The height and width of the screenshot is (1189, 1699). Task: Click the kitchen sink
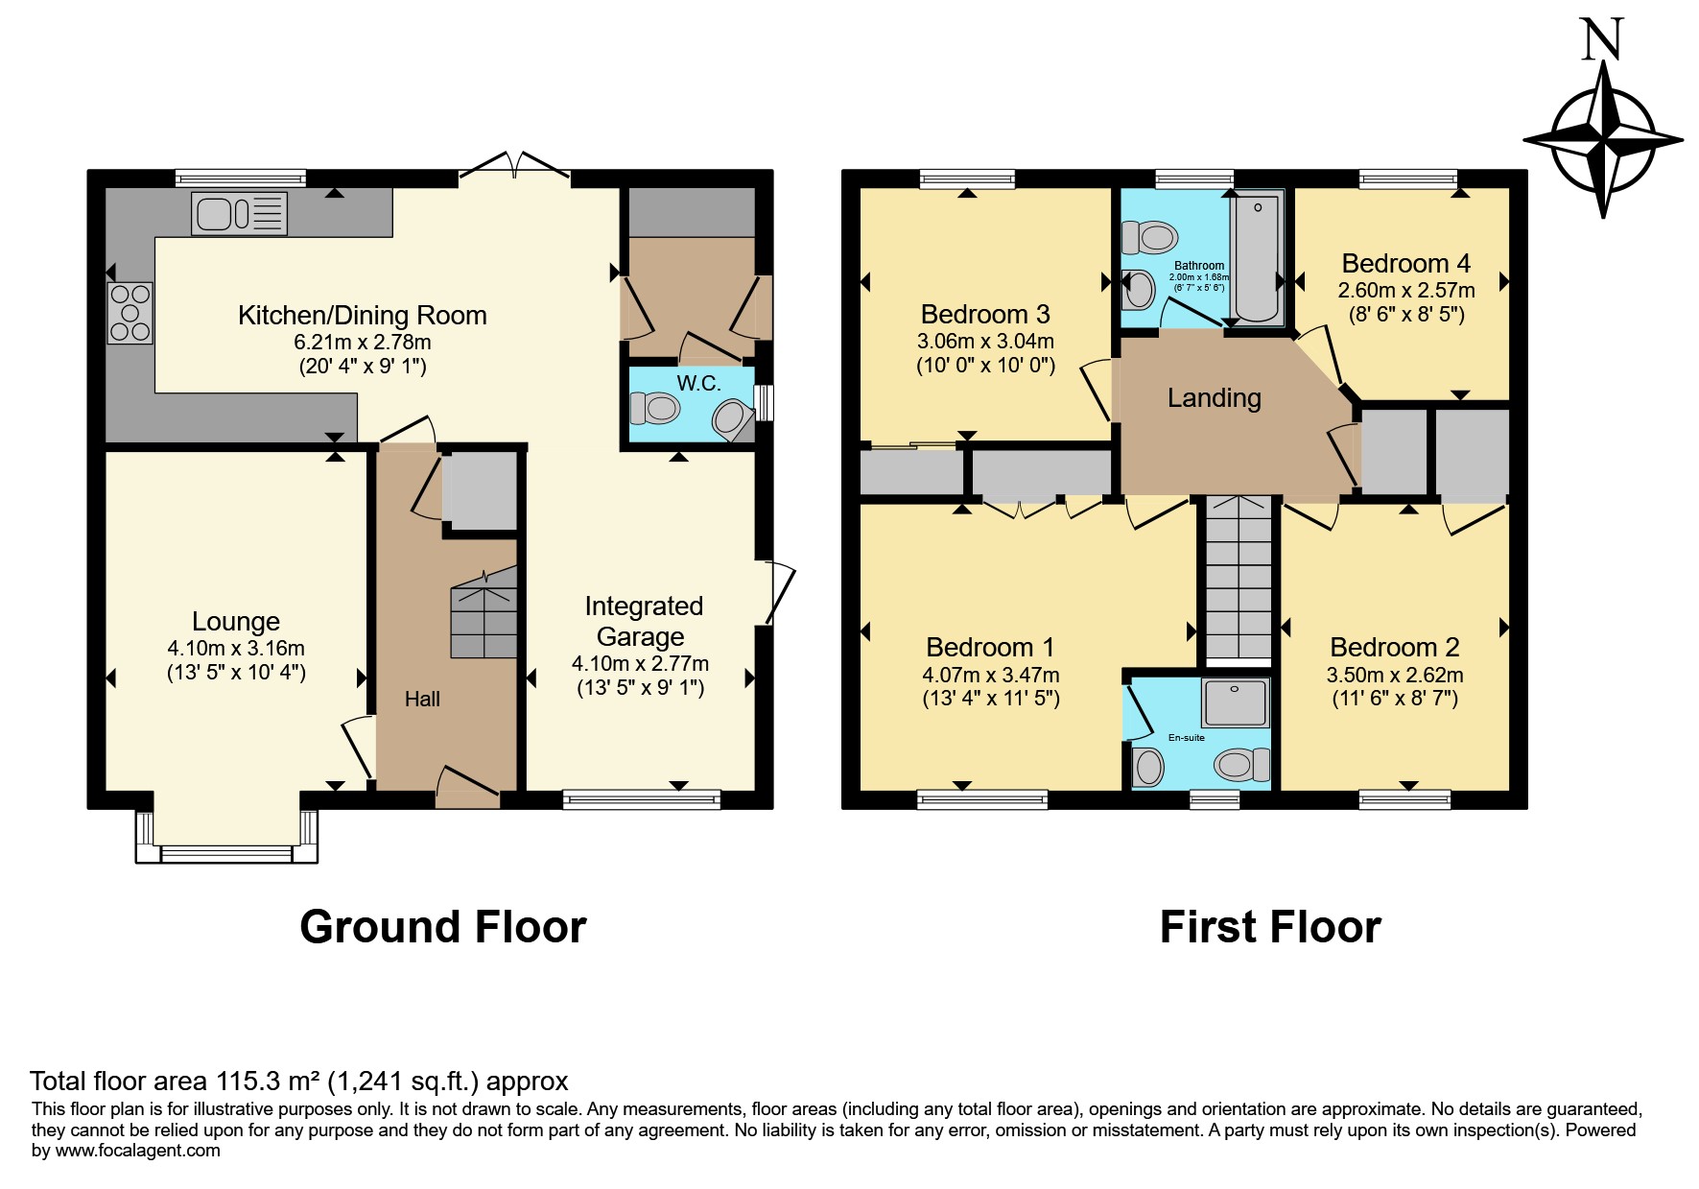(240, 213)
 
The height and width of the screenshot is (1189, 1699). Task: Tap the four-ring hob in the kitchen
(130, 312)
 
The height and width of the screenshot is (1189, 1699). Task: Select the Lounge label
(236, 621)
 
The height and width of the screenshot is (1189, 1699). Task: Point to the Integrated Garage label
(643, 621)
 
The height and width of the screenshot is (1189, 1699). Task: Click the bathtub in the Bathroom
(1258, 257)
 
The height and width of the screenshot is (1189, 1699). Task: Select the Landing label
(1214, 397)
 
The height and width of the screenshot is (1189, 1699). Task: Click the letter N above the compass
(1602, 39)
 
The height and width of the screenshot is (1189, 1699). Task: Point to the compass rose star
(1603, 139)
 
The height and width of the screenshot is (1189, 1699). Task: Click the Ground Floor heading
(443, 927)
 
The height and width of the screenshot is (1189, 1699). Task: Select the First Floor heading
(1270, 927)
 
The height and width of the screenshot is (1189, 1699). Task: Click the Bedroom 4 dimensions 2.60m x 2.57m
(1406, 290)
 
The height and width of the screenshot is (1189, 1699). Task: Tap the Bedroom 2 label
(1395, 647)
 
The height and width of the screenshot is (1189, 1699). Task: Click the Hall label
(422, 700)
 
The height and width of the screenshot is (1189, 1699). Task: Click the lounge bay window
(226, 836)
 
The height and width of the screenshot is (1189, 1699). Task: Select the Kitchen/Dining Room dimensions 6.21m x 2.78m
(363, 342)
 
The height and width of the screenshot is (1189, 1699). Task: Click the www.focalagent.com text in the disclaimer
(138, 1151)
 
